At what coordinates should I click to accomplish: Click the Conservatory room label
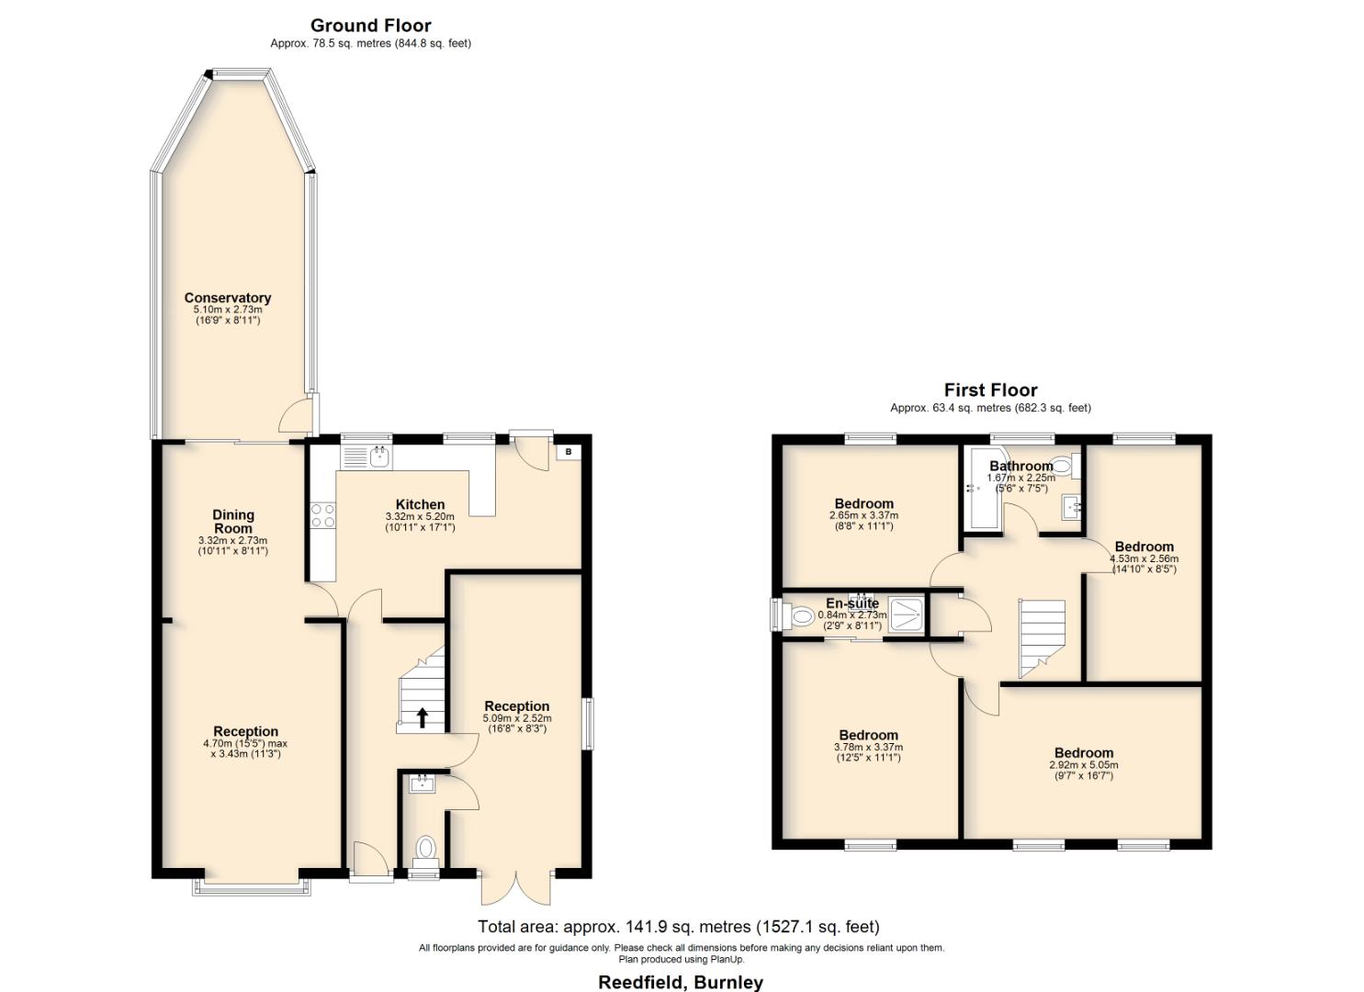227,298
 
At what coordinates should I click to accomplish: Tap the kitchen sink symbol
378,456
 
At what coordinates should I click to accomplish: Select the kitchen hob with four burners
322,515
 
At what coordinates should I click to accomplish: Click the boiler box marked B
568,452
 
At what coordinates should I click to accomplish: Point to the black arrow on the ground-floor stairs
423,717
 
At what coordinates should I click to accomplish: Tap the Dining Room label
233,522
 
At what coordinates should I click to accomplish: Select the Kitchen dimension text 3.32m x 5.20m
420,517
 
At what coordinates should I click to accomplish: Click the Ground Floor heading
370,26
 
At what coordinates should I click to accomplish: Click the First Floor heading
990,390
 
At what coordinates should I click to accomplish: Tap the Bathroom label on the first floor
1020,466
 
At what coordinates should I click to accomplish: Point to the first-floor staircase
1042,636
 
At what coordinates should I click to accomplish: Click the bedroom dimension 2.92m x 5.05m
1083,765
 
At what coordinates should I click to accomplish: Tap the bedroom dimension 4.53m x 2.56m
1144,558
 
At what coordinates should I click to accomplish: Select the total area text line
678,927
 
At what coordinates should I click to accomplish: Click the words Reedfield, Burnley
681,982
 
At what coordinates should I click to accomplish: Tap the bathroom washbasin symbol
1071,506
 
